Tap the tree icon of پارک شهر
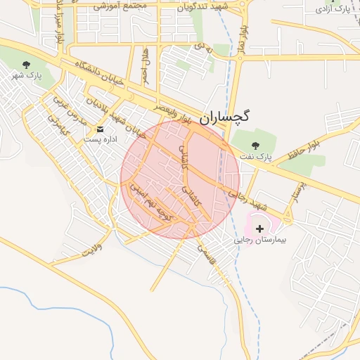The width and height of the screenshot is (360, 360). click(x=26, y=65)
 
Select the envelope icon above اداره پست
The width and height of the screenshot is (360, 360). click(x=100, y=129)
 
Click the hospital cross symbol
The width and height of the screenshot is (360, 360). click(x=260, y=229)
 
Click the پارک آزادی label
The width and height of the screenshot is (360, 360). click(x=333, y=10)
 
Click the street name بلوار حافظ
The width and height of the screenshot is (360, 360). click(x=303, y=149)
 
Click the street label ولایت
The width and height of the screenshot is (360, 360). click(x=92, y=249)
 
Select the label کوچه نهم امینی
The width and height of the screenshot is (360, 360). click(x=149, y=202)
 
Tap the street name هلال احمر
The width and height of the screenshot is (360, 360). click(x=144, y=65)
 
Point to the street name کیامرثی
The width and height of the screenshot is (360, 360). click(x=57, y=127)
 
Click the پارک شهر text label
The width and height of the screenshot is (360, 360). click(x=30, y=75)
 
